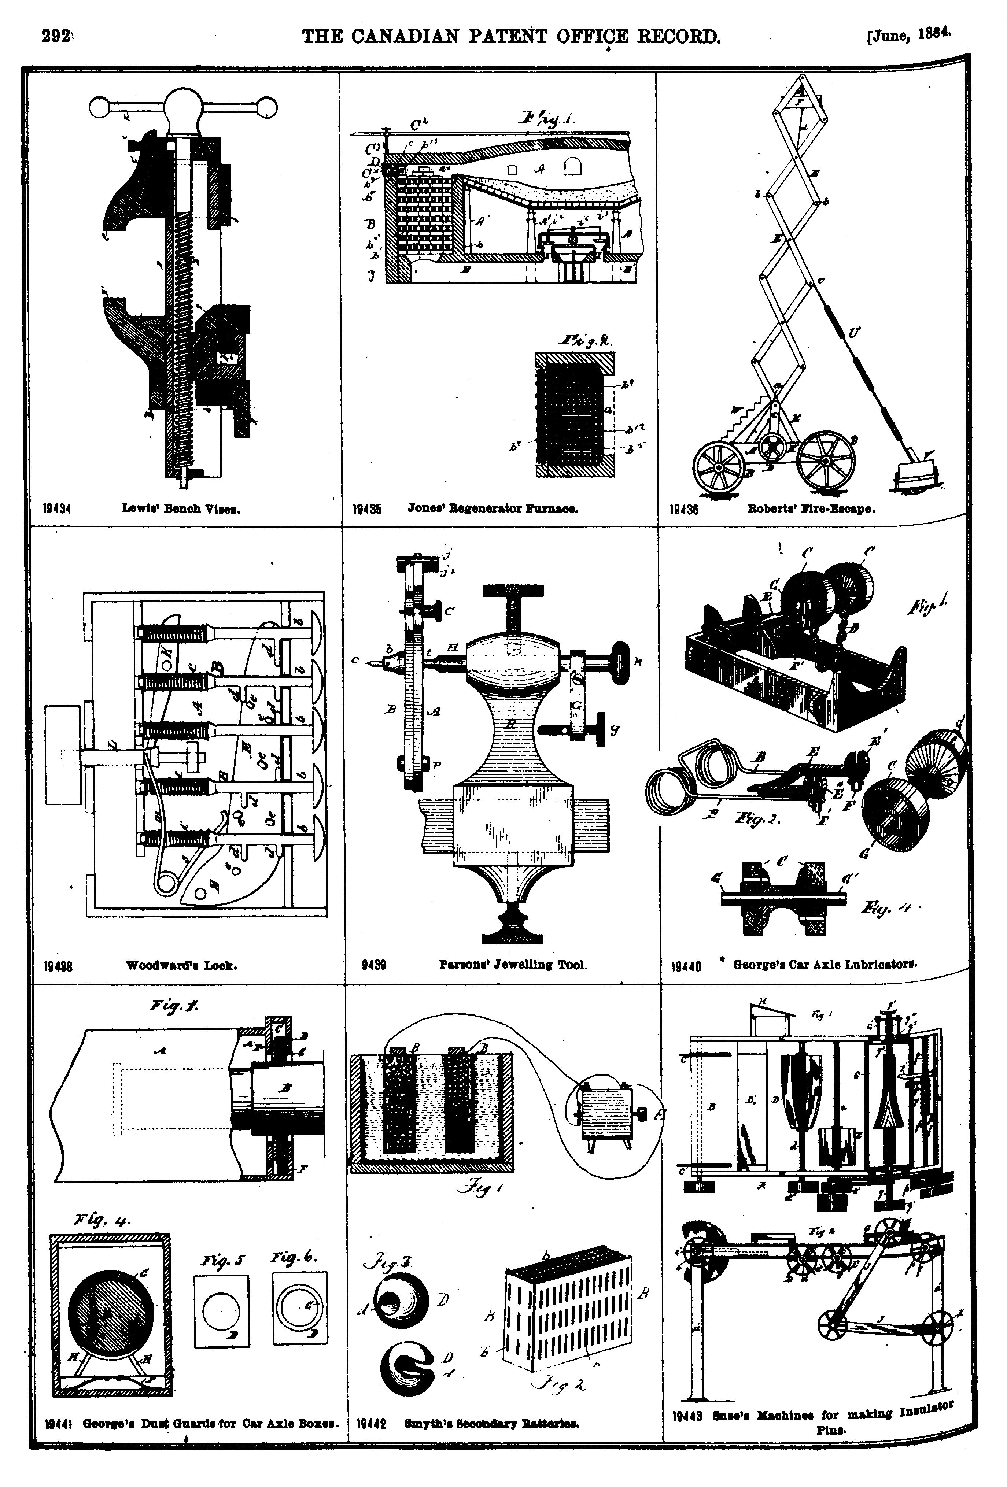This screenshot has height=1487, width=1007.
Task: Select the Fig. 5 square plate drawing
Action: pos(221,1310)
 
